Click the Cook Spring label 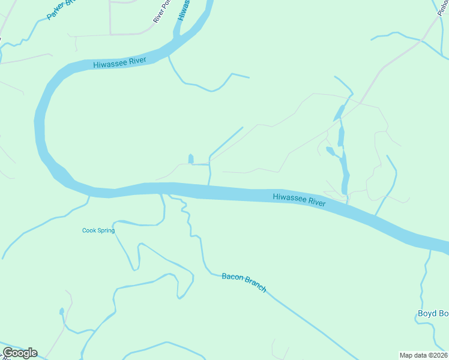[98, 230]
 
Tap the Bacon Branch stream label [244, 283]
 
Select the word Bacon [232, 277]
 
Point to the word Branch [255, 287]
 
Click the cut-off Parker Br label [59, 10]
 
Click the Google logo [20, 353]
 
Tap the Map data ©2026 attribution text [424, 355]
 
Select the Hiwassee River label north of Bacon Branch [299, 200]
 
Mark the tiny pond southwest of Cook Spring [61, 311]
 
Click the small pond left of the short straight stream [191, 159]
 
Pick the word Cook [88, 230]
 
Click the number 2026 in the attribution [440, 355]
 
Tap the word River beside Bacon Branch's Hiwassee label [317, 202]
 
